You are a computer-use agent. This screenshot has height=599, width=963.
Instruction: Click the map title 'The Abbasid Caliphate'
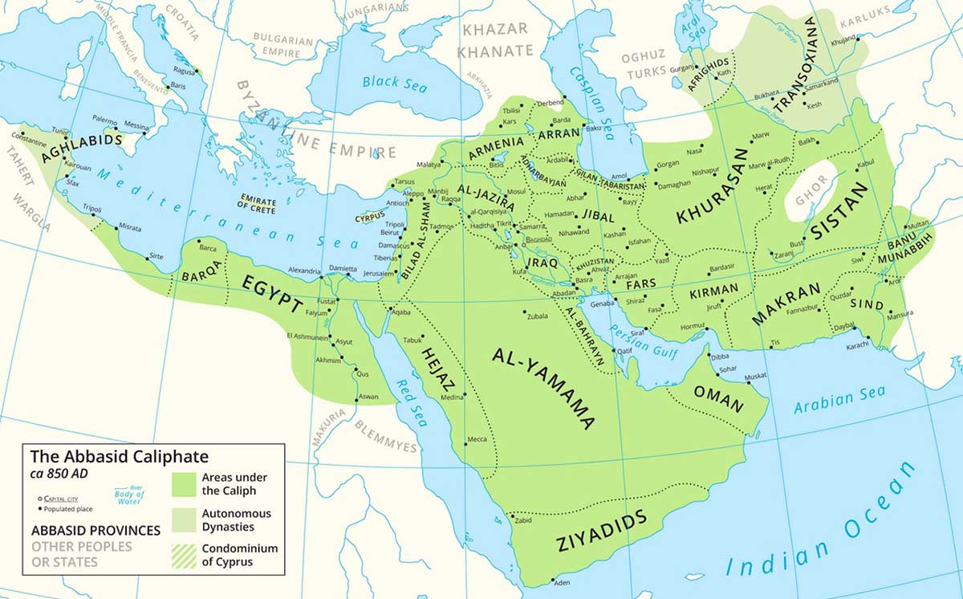tap(119, 457)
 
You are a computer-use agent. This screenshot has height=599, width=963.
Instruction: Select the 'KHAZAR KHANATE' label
tap(495, 40)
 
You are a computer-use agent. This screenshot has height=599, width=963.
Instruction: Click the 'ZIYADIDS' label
tap(600, 531)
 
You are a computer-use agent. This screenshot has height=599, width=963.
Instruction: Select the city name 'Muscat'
tap(756, 376)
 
